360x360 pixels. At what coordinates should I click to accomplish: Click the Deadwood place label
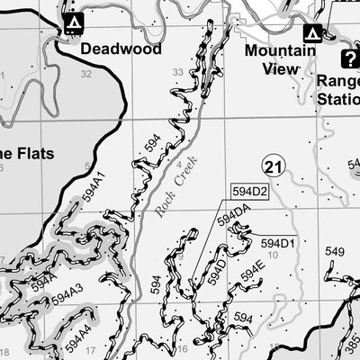tap(121, 49)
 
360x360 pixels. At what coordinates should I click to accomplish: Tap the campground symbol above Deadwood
tap(74, 21)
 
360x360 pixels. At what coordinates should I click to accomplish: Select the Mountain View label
tap(280, 58)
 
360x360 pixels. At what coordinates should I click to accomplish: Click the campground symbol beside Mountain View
tap(313, 33)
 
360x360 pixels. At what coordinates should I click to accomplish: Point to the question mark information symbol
tap(348, 58)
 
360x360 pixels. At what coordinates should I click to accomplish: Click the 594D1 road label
tap(278, 243)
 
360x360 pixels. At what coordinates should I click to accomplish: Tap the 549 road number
tap(334, 251)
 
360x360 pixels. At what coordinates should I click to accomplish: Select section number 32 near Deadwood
tap(86, 75)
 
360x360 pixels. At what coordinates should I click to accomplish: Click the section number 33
tap(178, 72)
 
